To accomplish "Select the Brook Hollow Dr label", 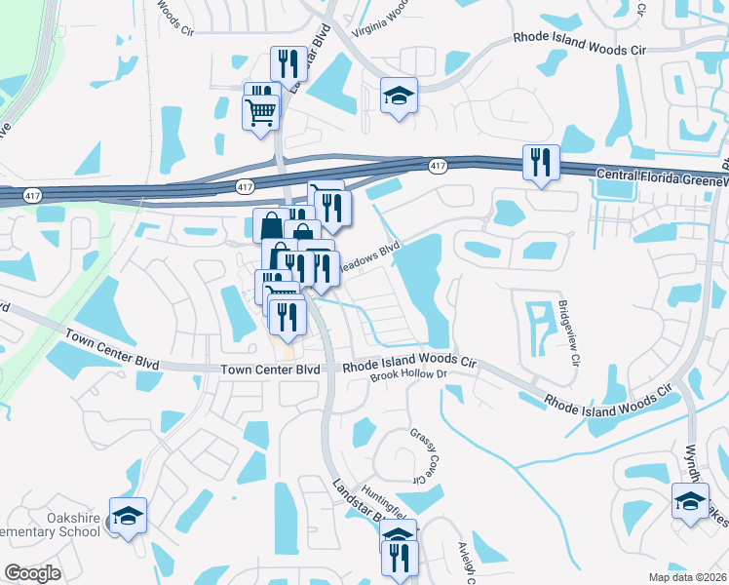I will click(408, 374).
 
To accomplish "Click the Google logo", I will click(31, 573).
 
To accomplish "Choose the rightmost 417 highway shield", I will click(438, 167).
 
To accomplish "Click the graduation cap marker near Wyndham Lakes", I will click(691, 502).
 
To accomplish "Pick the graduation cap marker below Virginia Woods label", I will click(398, 96).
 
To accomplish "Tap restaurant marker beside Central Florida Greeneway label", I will click(541, 162).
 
